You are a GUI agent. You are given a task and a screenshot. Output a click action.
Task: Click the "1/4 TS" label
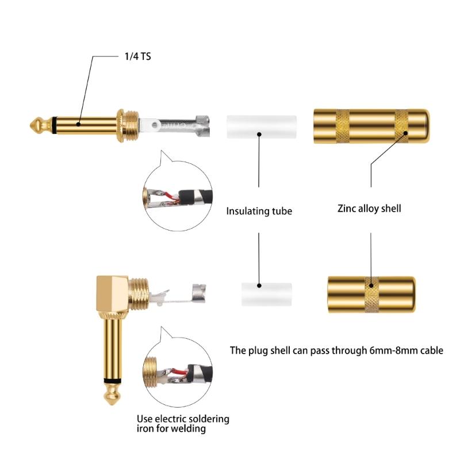pos(137,56)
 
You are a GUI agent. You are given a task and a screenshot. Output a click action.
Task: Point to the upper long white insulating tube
pos(261,126)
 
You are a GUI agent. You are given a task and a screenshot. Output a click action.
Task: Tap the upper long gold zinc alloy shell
pos(370,126)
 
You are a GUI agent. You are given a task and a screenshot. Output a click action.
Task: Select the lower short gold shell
pos(371,294)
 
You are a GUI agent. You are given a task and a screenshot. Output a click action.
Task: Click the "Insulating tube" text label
pos(259,211)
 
